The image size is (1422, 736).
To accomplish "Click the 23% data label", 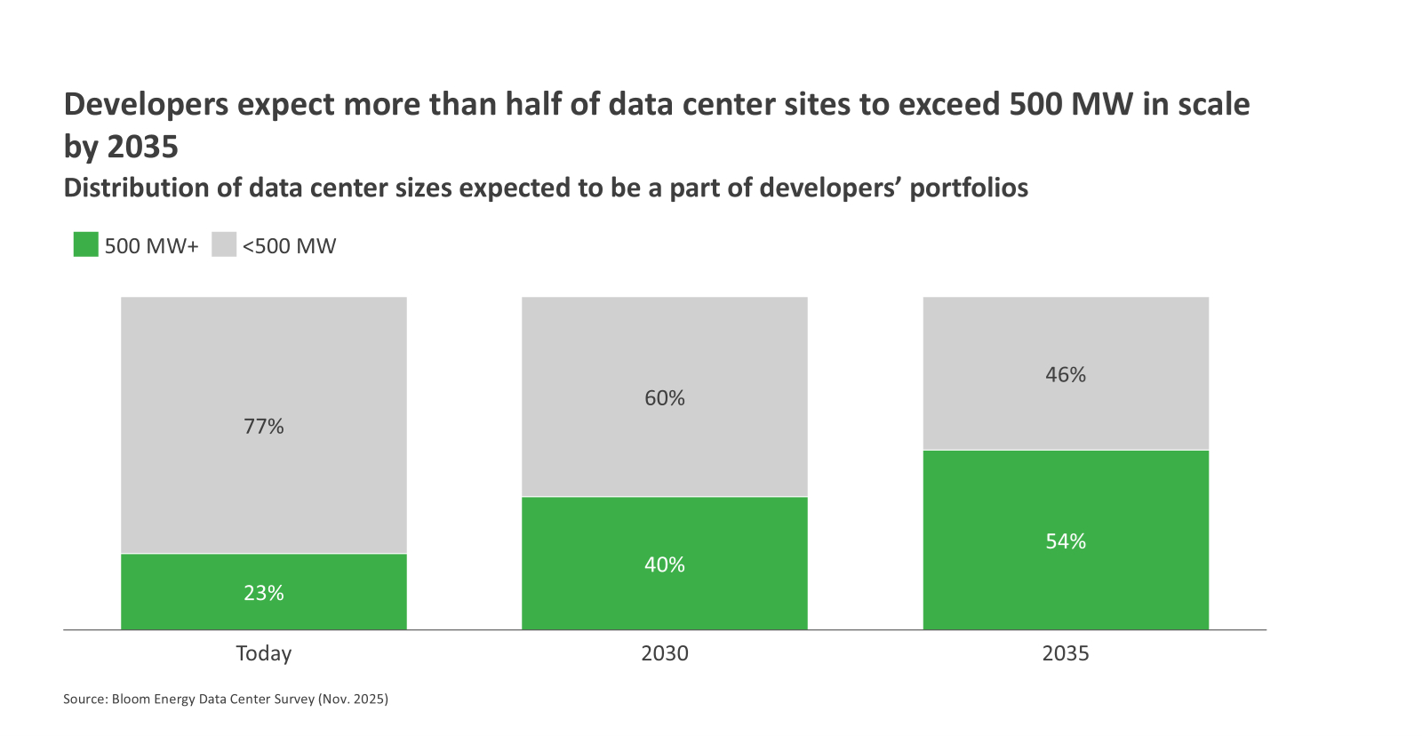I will coord(264,593).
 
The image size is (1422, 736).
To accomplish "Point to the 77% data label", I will coord(264,427).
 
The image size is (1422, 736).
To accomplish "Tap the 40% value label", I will coord(665,564).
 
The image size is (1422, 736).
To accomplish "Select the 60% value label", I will coord(665,398).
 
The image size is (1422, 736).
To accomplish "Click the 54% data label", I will coord(1066,541).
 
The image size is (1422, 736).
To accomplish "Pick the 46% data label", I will coord(1066,375).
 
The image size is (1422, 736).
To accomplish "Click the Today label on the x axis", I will coord(264,653).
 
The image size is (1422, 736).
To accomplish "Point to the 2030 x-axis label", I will coord(665,653).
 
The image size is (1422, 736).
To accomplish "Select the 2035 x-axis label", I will coord(1066,653).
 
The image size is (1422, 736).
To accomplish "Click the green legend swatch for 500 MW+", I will coord(85,244).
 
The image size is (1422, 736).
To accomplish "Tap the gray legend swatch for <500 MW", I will coord(224,244).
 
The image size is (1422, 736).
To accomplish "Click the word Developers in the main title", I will coord(147,105).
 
